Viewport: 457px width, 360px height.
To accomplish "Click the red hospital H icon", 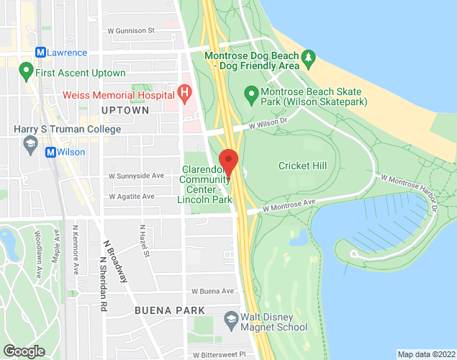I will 184,94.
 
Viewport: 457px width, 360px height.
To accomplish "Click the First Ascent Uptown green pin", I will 27,72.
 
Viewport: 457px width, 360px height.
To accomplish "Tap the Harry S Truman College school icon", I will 31,145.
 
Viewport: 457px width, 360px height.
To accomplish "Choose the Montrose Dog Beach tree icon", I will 309,55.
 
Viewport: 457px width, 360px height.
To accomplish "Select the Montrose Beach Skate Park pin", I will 251,92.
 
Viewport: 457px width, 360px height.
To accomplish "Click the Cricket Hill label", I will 302,166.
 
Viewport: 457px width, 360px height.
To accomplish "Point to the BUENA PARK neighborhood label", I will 169,310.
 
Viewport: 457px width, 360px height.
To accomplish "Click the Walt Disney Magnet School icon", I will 231,318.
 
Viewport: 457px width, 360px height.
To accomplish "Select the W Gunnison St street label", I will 131,31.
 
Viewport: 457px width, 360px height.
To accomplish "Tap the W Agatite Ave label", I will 132,197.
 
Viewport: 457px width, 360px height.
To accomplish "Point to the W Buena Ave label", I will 213,292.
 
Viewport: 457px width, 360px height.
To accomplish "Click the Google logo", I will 24,351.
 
